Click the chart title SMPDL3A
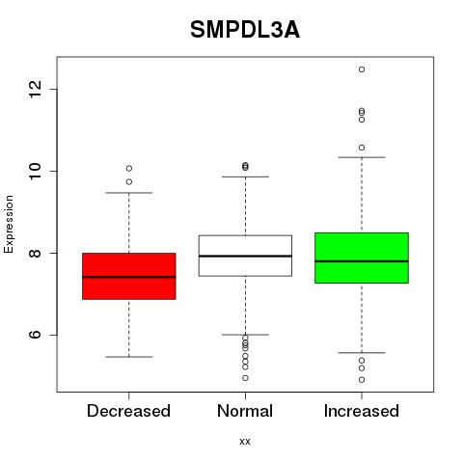pyautogui.click(x=245, y=30)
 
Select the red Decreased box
pyautogui.click(x=129, y=276)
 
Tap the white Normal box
pyautogui.click(x=245, y=256)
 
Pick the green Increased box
pyautogui.click(x=362, y=258)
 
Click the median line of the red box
pyautogui.click(x=129, y=277)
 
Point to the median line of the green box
pyautogui.click(x=362, y=261)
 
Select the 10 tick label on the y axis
pyautogui.click(x=35, y=171)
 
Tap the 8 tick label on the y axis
pyautogui.click(x=35, y=253)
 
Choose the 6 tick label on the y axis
pyautogui.click(x=35, y=335)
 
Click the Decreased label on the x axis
pyautogui.click(x=128, y=411)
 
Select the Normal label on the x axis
pyautogui.click(x=245, y=411)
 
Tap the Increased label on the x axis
pyautogui.click(x=362, y=411)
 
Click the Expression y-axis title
pyautogui.click(x=9, y=224)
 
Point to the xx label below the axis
pyautogui.click(x=245, y=442)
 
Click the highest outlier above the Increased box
pyautogui.click(x=362, y=69)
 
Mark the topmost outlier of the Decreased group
pyautogui.click(x=129, y=168)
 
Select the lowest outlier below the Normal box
pyautogui.click(x=245, y=378)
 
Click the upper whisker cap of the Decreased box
pyautogui.click(x=129, y=193)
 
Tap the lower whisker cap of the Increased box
pyautogui.click(x=362, y=353)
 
